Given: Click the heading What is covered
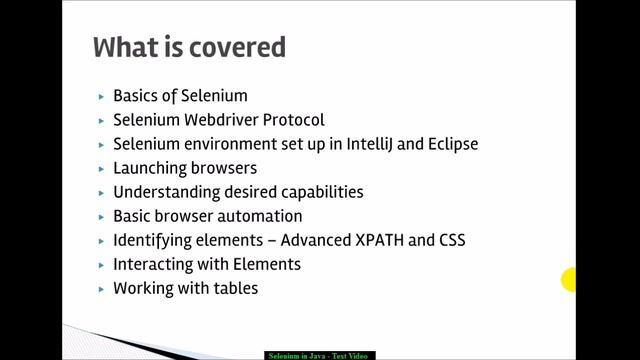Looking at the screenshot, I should (x=189, y=48).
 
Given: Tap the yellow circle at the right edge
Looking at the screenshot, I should (x=569, y=281).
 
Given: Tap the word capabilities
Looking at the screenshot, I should (x=317, y=192).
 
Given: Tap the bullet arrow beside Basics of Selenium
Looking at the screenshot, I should (x=102, y=97).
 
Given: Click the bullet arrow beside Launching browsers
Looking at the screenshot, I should (x=102, y=169).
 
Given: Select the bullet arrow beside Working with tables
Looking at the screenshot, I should (x=102, y=289).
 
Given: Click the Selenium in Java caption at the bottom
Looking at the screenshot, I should (x=319, y=355).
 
